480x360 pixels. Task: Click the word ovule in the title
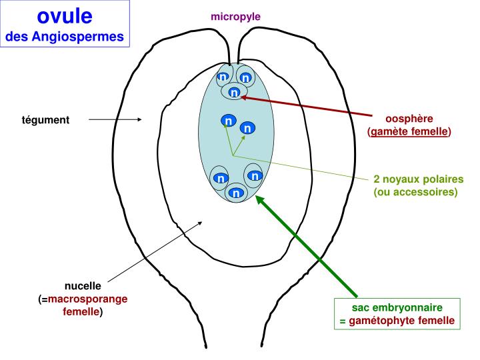pos(65,15)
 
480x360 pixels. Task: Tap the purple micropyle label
pos(235,16)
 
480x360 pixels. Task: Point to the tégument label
pos(45,120)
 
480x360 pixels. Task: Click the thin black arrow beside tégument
pos(115,120)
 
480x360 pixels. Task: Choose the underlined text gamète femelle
pos(409,131)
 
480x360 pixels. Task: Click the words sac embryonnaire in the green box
pos(397,309)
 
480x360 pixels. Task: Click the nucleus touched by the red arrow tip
pos(233,93)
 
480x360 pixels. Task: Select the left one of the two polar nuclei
pos(228,121)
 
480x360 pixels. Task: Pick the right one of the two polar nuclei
pos(247,127)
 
